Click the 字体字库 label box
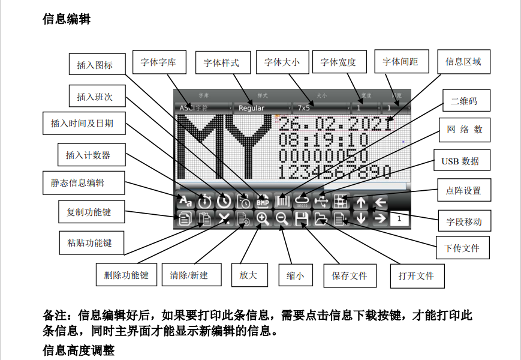click(159, 62)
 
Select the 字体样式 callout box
click(221, 62)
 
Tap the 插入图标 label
click(95, 65)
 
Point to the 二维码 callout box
click(464, 101)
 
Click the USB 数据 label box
click(460, 161)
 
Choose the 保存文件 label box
click(350, 275)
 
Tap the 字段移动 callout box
click(464, 221)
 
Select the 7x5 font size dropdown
click(320, 108)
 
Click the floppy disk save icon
click(301, 219)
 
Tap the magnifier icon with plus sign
click(262, 219)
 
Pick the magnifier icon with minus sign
click(282, 219)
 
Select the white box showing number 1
click(399, 218)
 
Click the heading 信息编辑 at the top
click(67, 19)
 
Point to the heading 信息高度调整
click(79, 350)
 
